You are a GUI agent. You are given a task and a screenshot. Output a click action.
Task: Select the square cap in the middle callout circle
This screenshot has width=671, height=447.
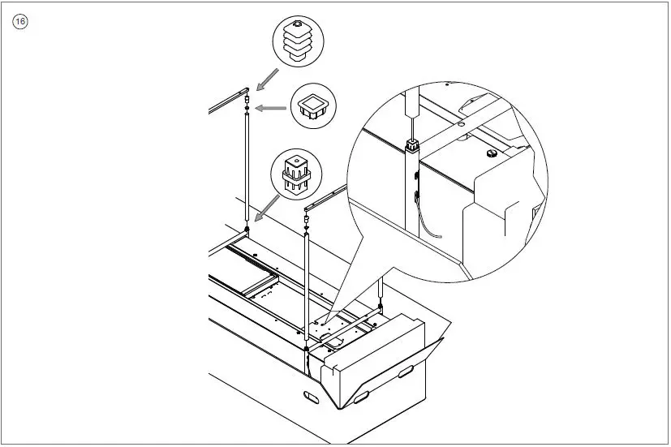tap(312, 106)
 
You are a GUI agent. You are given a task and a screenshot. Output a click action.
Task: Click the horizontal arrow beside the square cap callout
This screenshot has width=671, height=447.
tap(273, 107)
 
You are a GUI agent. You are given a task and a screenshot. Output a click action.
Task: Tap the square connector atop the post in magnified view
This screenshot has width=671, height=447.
tap(412, 146)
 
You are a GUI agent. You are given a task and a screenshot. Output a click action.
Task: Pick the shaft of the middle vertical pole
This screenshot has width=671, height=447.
tap(307, 284)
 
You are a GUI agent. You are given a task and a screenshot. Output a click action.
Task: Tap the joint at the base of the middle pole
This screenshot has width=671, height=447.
tap(306, 350)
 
